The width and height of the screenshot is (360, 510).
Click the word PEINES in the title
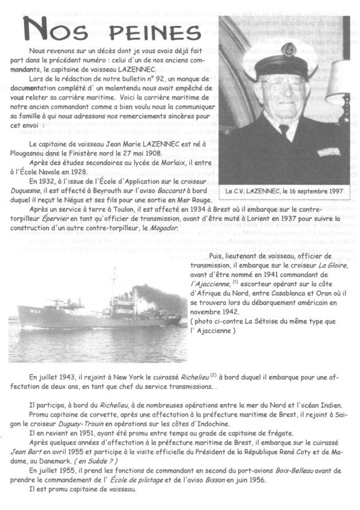[x=145, y=32]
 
